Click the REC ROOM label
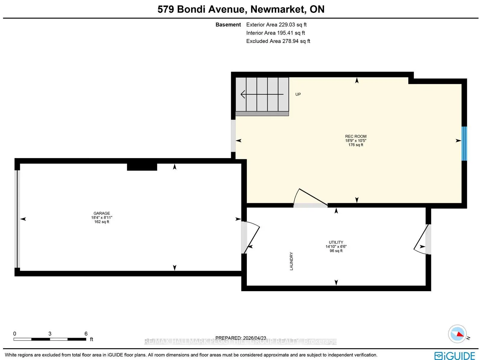click(356, 136)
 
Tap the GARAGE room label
click(102, 213)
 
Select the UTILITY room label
click(336, 242)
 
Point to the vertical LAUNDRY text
click(291, 261)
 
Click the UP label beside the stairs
click(298, 94)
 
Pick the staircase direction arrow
click(262, 94)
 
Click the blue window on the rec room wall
click(464, 143)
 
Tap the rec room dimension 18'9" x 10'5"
click(356, 141)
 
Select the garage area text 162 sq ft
click(102, 222)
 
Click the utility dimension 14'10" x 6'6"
click(336, 246)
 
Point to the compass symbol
click(457, 334)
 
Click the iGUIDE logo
click(455, 355)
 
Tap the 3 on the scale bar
click(50, 334)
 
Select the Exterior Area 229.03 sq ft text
click(276, 25)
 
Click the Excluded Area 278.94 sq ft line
click(278, 41)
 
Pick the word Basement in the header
click(228, 25)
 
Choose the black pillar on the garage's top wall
click(142, 166)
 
